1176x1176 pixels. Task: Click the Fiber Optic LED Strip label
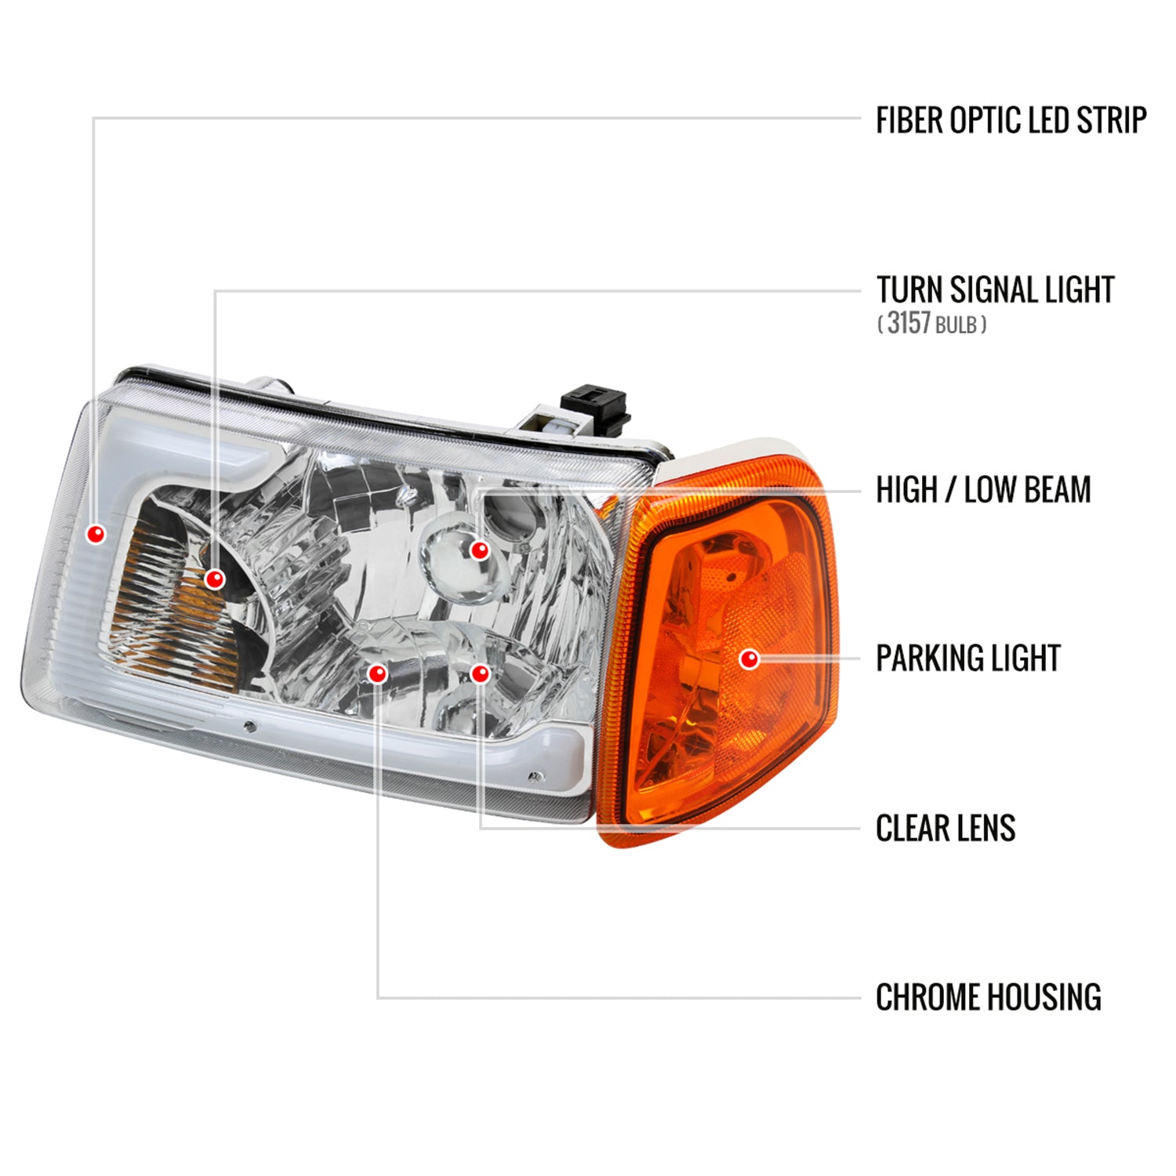[1011, 120]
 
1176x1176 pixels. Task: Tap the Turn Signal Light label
[995, 289]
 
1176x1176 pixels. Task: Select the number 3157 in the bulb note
[909, 322]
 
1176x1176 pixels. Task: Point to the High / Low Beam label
[983, 490]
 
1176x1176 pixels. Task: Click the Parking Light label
[967, 659]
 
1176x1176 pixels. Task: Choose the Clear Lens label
[946, 828]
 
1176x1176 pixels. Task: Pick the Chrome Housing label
[988, 997]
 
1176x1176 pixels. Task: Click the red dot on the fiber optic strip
[96, 535]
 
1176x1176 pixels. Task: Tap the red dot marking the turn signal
[215, 579]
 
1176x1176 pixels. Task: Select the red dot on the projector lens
[480, 550]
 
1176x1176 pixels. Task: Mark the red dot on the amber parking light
[750, 659]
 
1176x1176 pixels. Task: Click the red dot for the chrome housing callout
[378, 673]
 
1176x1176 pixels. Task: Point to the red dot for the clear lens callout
[480, 673]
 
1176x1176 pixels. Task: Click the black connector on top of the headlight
[597, 404]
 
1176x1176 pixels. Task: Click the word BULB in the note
[956, 325]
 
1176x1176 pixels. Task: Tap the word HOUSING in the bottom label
[1043, 997]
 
